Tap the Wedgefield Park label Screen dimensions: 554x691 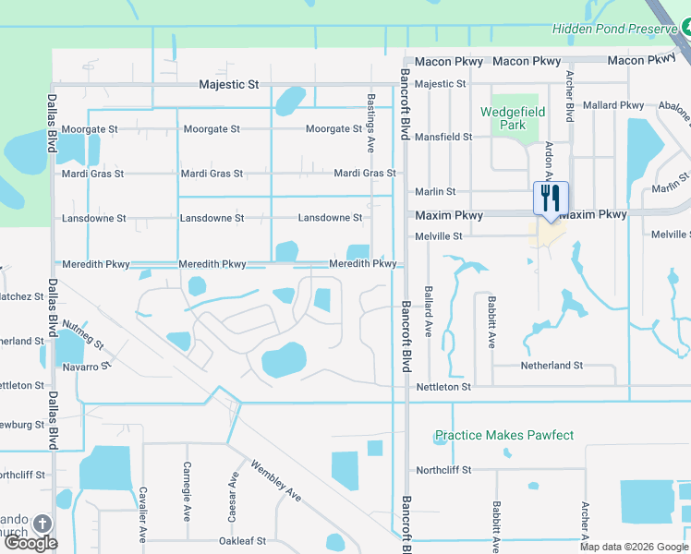(x=513, y=118)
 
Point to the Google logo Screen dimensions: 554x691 (x=30, y=543)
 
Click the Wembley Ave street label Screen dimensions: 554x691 (x=276, y=481)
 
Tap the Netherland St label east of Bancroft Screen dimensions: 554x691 (x=552, y=366)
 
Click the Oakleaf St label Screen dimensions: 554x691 (x=242, y=541)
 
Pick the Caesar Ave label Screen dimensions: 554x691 (x=234, y=490)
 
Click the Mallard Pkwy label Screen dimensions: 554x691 (x=614, y=105)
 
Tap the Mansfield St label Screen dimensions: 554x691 (x=443, y=137)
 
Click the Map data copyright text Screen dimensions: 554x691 (x=634, y=547)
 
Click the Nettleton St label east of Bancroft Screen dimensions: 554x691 (x=443, y=387)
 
